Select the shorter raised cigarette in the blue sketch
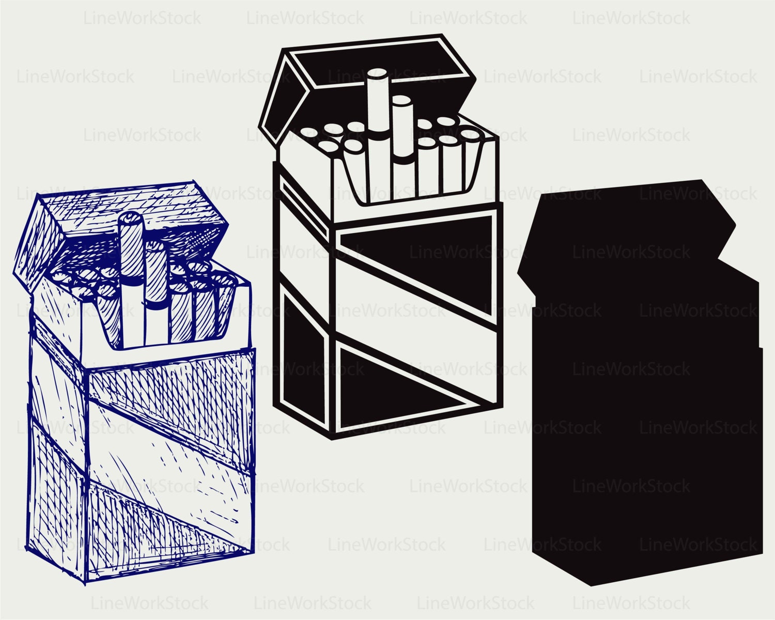coord(155,289)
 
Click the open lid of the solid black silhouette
coord(620,227)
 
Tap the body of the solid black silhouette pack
coord(646,439)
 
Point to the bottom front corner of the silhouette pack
coord(592,584)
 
